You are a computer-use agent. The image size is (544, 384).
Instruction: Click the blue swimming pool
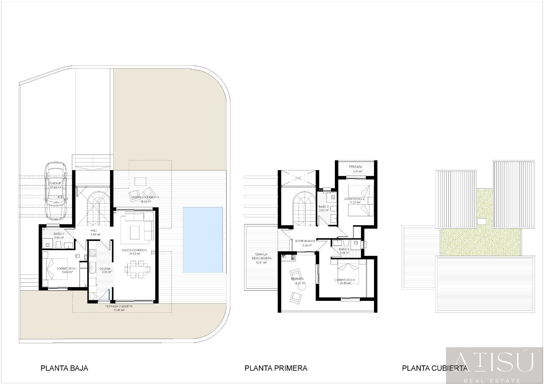click(203, 240)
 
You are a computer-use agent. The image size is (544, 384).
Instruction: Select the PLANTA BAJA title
click(64, 368)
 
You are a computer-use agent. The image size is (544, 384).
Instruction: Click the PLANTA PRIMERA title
click(276, 368)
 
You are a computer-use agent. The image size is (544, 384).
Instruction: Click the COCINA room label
click(105, 269)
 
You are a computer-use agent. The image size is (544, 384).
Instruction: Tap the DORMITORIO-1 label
click(67, 268)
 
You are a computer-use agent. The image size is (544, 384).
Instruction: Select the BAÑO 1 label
click(59, 234)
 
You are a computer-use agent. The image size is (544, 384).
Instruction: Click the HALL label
click(94, 231)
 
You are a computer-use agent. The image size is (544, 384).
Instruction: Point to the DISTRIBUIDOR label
click(305, 241)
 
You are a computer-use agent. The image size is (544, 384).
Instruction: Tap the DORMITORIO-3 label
click(344, 280)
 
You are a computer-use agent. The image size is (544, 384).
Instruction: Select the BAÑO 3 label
click(344, 249)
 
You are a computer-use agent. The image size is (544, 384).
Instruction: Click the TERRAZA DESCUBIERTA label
click(261, 256)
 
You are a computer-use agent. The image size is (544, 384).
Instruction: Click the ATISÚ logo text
click(494, 363)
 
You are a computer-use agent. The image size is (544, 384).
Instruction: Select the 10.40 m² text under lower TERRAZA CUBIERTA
click(118, 310)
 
